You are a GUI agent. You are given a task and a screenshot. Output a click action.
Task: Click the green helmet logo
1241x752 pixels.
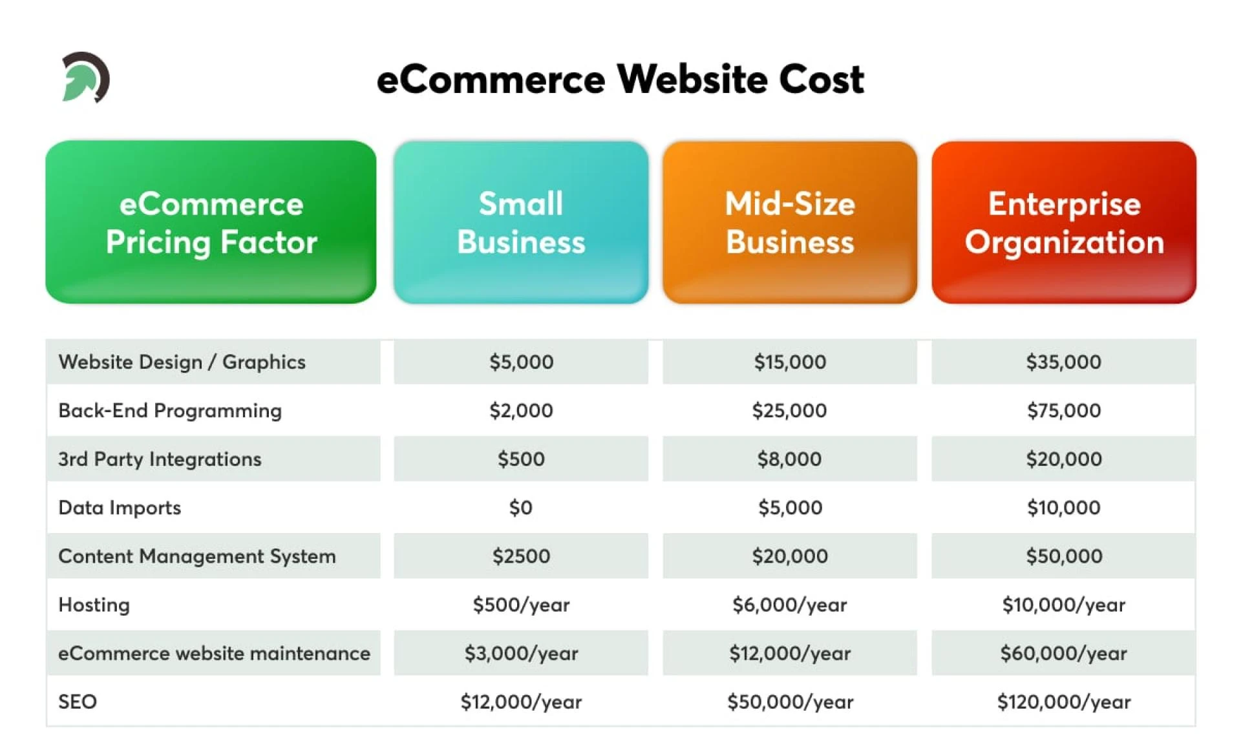(x=85, y=78)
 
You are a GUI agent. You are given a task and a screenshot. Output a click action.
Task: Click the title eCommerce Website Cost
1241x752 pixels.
(x=620, y=79)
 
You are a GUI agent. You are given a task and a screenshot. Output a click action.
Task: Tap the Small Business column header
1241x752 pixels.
(x=520, y=222)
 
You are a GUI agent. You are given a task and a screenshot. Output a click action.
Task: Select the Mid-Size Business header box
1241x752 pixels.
(x=789, y=222)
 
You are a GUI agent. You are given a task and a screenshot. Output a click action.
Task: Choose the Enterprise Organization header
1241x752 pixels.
(x=1063, y=222)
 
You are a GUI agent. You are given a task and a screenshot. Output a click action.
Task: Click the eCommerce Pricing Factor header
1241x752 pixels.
(x=211, y=222)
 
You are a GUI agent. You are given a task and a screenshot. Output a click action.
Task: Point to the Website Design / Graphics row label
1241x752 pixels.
(x=182, y=362)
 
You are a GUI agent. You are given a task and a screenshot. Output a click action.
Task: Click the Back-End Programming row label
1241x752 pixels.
(x=170, y=410)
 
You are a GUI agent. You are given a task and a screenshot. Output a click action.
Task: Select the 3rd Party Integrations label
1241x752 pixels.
(x=160, y=459)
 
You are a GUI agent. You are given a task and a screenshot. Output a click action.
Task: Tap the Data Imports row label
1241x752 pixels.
(x=120, y=507)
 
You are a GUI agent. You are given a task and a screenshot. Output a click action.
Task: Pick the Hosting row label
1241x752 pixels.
(x=94, y=605)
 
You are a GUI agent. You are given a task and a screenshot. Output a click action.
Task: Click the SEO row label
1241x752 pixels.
(x=78, y=702)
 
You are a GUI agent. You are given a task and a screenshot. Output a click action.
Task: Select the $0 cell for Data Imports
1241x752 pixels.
(x=520, y=507)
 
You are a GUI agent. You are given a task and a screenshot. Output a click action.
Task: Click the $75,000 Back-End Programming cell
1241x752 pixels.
(x=1063, y=410)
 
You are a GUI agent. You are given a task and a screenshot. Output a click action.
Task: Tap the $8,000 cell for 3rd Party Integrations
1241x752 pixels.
(x=789, y=459)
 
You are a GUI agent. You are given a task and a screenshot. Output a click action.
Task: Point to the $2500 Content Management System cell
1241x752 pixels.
(x=520, y=556)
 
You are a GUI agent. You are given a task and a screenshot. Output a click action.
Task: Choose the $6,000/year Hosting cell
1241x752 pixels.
(x=789, y=605)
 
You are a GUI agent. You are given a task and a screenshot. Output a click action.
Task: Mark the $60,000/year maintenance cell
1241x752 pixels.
(x=1063, y=653)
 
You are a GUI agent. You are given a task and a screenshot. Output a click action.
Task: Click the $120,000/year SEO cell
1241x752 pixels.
(x=1063, y=702)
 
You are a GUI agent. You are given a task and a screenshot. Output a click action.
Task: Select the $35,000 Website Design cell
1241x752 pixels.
(x=1063, y=362)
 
